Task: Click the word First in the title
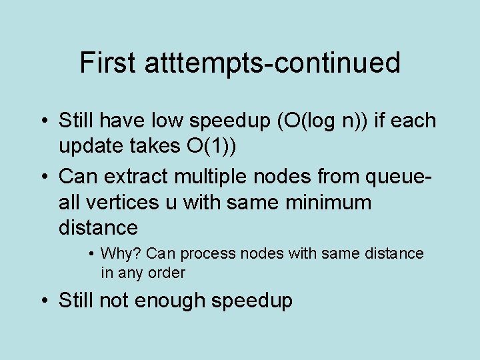107,63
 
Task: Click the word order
167,273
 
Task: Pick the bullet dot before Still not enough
45,300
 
